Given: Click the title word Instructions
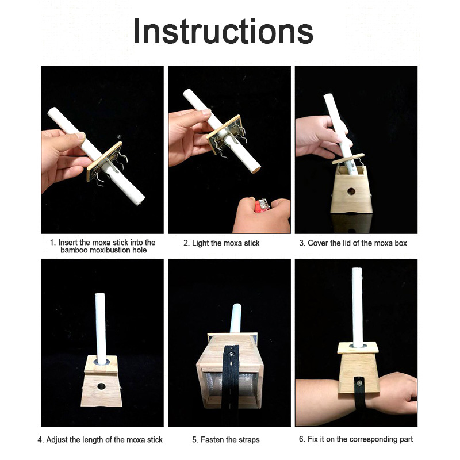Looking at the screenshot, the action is pos(223,31).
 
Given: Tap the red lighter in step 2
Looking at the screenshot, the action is pos(262,205).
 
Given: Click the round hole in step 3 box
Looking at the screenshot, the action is pos(351,192).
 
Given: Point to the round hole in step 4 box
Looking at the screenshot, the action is pos(101,386).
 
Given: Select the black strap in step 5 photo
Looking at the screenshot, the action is pos(230,378).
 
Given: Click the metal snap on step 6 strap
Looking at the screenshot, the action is pos(358,382).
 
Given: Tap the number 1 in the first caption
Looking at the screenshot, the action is pos(52,243).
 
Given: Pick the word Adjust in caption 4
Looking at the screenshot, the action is pos(57,440).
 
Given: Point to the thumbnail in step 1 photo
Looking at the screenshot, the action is pos(79,136).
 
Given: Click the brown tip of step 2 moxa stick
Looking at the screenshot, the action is pos(256,170).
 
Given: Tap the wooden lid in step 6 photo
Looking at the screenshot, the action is pos(358,348).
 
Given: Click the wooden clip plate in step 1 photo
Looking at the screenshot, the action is pos(104,162).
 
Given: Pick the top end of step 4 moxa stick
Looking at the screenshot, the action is pos(100,294).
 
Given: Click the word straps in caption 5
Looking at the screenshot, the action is pos(249,440).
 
